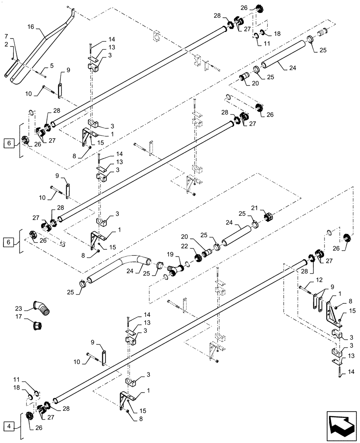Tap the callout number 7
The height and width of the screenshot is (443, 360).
pos(6,35)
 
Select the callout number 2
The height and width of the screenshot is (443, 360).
pos(6,45)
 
